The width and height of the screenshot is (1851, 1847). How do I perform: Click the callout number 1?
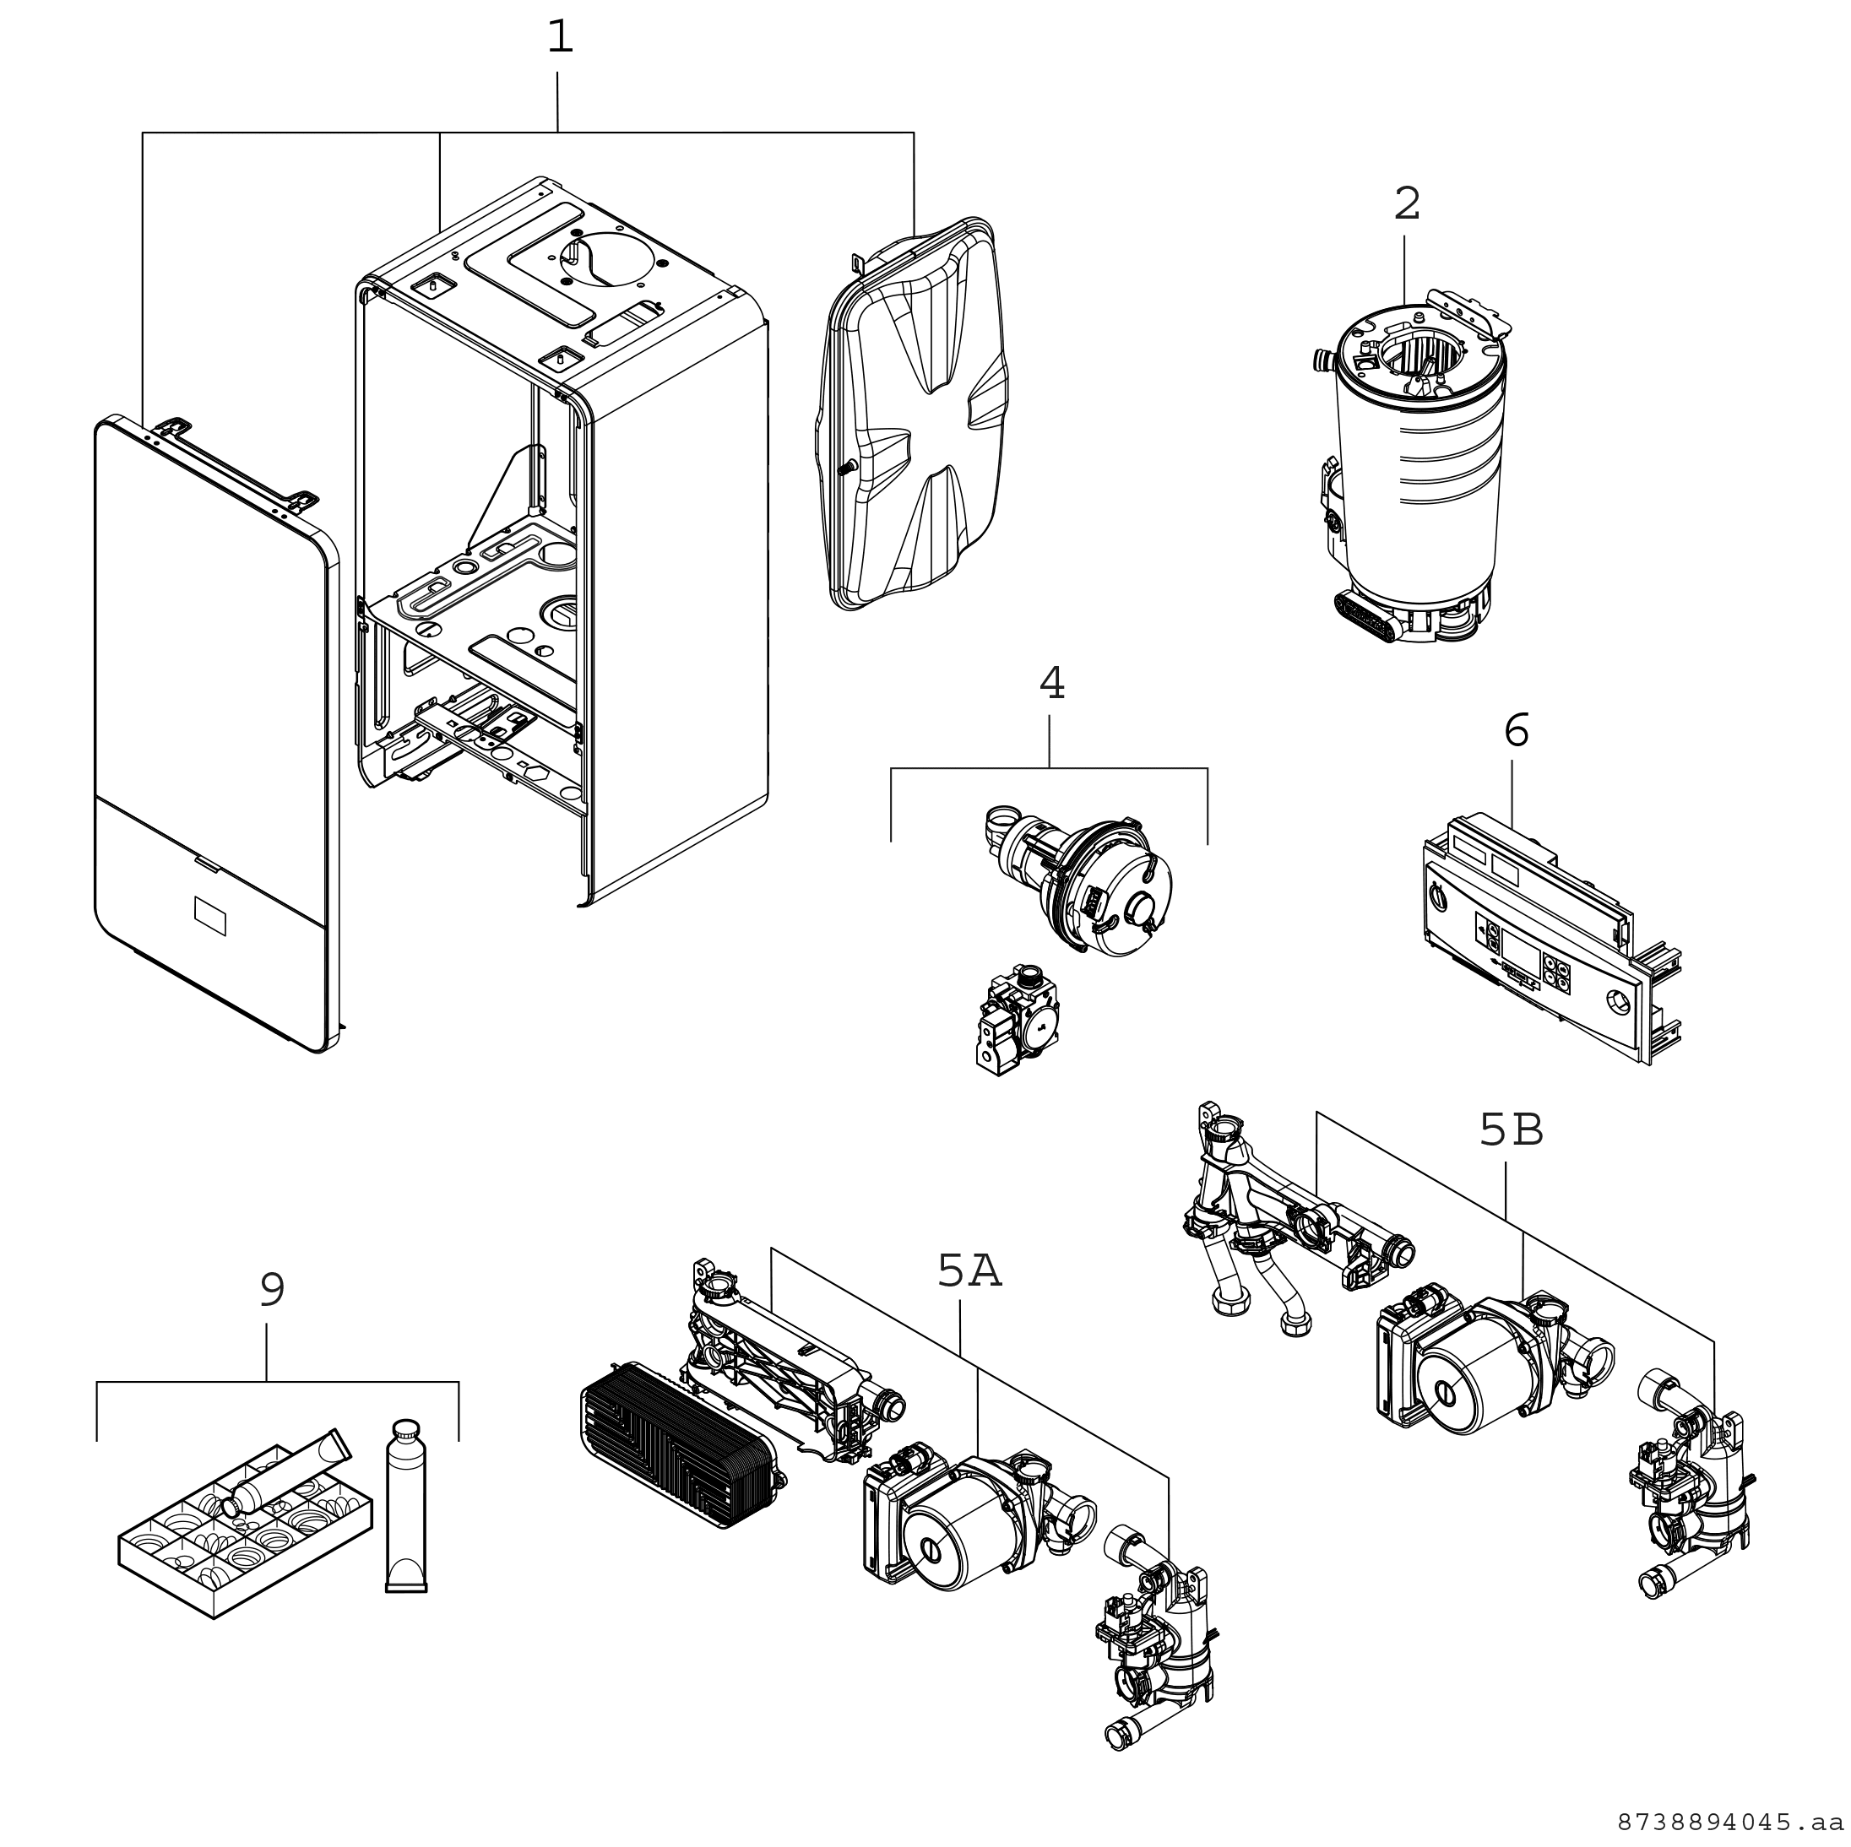point(560,38)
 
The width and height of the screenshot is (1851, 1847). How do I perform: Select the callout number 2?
point(1407,204)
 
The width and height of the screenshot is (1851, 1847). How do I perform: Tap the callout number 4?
point(1051,684)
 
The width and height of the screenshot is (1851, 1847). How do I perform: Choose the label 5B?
point(1511,1131)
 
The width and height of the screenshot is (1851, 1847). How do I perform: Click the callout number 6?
point(1516,731)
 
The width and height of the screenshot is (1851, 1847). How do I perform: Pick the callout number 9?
point(272,1291)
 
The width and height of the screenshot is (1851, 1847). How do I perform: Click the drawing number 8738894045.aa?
point(1732,1820)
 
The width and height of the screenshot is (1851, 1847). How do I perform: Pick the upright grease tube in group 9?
point(406,1504)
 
